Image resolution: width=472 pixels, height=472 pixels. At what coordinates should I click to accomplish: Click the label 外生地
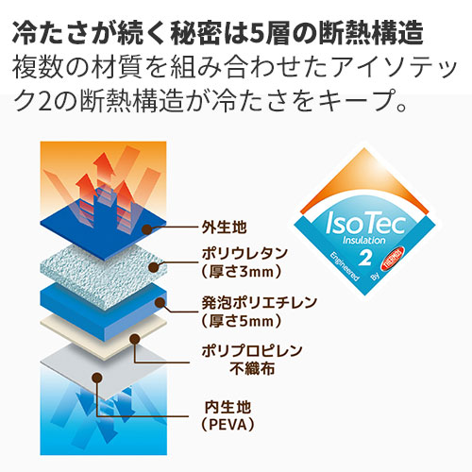click(224, 227)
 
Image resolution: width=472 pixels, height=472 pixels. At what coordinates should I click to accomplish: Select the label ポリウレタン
click(244, 253)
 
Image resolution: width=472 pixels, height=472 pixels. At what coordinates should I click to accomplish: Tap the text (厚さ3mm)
click(241, 272)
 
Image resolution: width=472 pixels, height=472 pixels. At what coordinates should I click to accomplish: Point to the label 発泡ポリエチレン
click(259, 303)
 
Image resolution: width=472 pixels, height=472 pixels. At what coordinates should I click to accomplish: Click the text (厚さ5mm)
click(241, 321)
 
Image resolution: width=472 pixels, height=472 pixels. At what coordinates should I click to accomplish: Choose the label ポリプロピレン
click(252, 350)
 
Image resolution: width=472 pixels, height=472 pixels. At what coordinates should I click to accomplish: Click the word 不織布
click(252, 369)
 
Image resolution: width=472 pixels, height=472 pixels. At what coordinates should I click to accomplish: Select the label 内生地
click(228, 407)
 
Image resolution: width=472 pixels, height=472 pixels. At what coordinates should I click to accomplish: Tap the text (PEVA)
click(228, 425)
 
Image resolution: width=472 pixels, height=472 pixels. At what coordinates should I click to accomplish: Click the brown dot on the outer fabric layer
click(147, 229)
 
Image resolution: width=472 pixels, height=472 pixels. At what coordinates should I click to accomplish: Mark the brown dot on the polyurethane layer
click(154, 267)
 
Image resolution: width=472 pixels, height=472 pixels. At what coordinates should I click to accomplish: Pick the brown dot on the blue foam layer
click(160, 303)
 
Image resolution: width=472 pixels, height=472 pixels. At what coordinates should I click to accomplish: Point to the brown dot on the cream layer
click(135, 339)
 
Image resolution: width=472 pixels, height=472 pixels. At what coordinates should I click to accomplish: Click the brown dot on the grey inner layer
click(97, 377)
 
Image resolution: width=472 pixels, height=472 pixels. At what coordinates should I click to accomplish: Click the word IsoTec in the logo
click(365, 223)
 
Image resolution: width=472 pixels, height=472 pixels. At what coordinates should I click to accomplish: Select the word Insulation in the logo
click(363, 241)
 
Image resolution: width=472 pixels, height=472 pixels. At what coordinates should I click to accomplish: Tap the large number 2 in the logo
click(365, 257)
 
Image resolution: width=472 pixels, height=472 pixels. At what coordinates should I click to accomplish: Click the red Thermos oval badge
click(393, 259)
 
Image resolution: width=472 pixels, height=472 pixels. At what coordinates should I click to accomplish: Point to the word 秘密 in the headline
click(196, 33)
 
